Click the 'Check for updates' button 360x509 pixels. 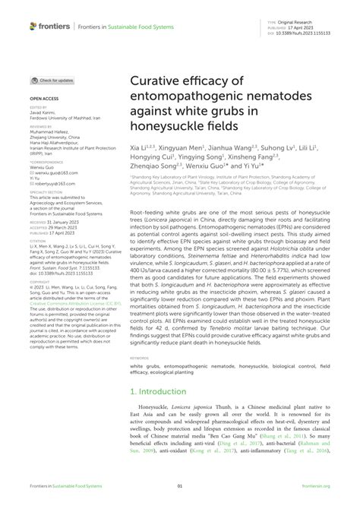point(53,80)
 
